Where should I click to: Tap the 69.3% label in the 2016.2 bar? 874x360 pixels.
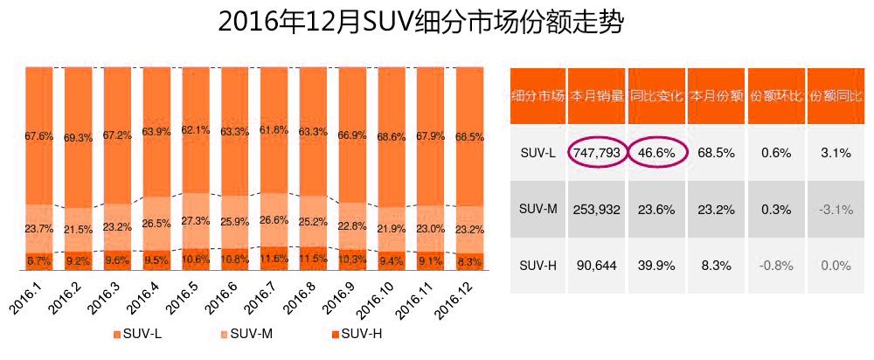click(x=78, y=137)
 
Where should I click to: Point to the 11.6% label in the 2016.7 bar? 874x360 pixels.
click(x=273, y=260)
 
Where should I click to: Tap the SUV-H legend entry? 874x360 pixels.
click(x=356, y=334)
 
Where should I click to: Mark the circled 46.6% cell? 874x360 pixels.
click(x=657, y=152)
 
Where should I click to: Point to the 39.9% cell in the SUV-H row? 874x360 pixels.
click(x=657, y=266)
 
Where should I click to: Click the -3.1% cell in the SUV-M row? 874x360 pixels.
click(x=836, y=209)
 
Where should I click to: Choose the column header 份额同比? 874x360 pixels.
click(x=836, y=95)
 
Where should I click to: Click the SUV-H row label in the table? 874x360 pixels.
click(x=537, y=266)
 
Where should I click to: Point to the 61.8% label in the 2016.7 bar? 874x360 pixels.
click(x=273, y=130)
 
